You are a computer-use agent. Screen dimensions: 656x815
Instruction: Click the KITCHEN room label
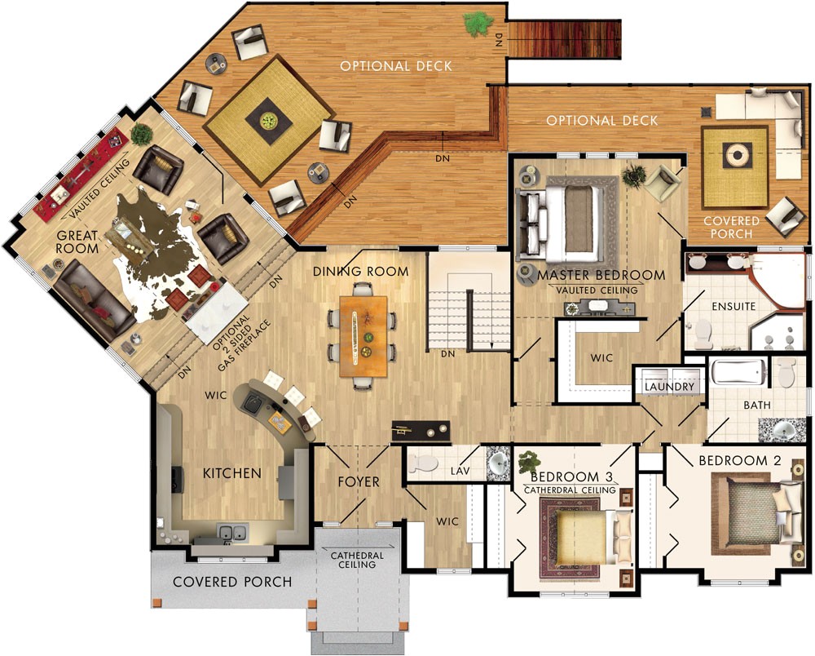tap(232, 473)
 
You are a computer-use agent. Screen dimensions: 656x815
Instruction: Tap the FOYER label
tap(359, 482)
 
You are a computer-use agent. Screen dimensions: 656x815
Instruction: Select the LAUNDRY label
tap(671, 387)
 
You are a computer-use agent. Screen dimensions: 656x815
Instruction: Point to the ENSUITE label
tap(733, 307)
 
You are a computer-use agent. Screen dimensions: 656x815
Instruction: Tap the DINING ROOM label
tap(360, 272)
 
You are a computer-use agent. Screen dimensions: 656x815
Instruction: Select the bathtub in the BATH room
tap(738, 373)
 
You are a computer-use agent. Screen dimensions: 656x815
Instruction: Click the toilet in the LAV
tap(424, 463)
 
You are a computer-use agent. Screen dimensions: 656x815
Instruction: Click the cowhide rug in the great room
tap(155, 253)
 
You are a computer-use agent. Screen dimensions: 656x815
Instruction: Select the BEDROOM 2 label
tap(739, 461)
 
